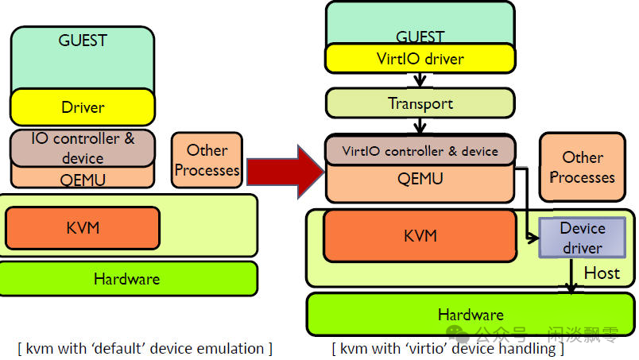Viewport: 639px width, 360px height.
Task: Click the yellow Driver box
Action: [83, 107]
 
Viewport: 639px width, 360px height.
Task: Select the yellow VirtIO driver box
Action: [420, 59]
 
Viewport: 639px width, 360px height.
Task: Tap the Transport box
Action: [420, 103]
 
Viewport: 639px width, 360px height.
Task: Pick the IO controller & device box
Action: [83, 147]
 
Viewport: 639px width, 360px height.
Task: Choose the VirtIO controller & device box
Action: [420, 150]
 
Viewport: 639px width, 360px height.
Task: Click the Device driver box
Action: [582, 238]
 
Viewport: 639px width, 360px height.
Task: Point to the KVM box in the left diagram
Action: [83, 228]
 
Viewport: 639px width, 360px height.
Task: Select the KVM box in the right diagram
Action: [420, 235]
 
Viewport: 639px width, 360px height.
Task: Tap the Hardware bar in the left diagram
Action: [127, 279]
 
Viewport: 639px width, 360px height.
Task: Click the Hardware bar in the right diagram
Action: [470, 314]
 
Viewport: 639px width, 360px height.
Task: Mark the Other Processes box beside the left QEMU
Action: [207, 160]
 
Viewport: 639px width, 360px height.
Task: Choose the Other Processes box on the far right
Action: [583, 167]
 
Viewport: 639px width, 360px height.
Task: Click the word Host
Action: [602, 273]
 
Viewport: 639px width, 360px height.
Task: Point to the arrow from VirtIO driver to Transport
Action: [420, 80]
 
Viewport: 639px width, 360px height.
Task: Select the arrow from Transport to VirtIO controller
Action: [420, 126]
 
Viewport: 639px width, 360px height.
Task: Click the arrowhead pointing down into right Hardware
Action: [571, 288]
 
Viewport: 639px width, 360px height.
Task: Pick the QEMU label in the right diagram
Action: [420, 180]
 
